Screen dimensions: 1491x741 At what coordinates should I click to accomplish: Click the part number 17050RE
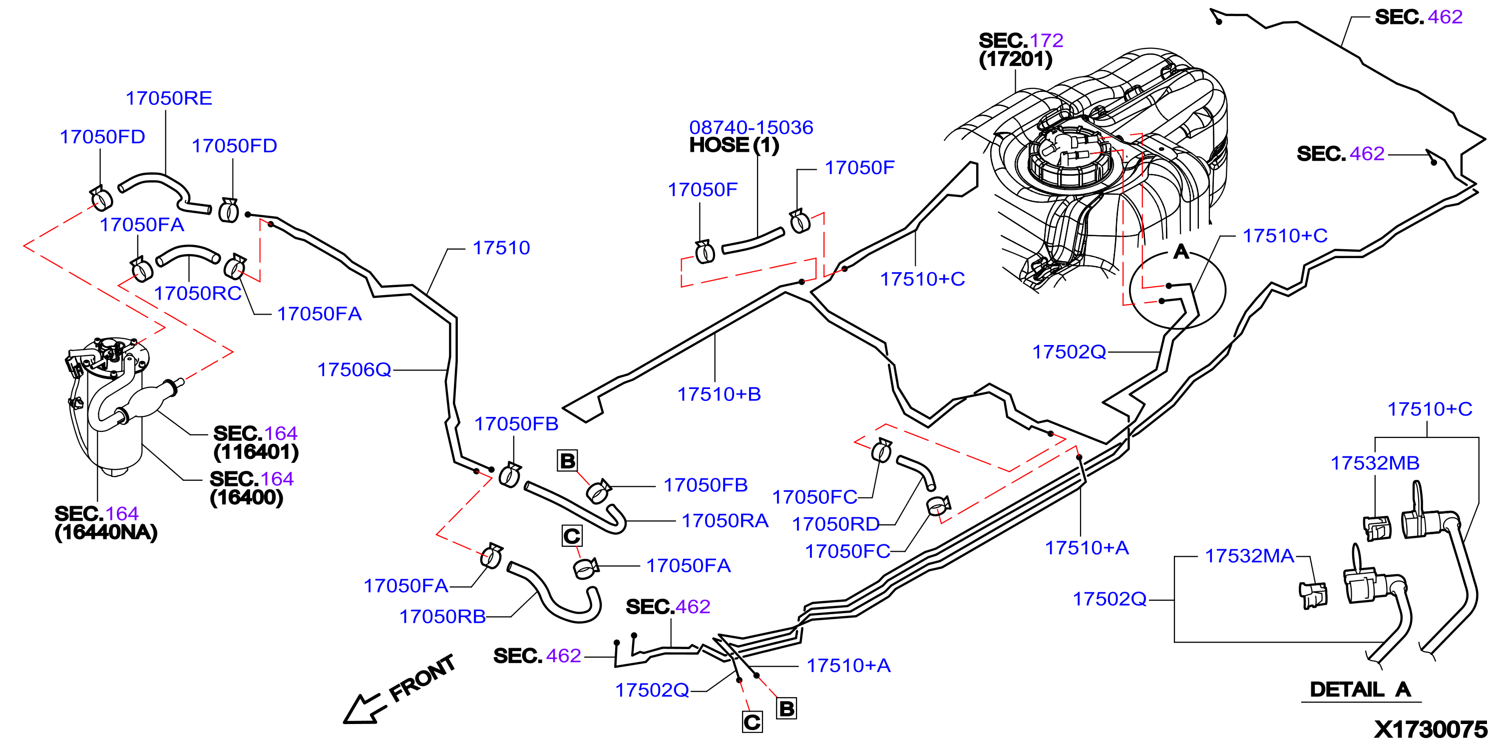tap(169, 98)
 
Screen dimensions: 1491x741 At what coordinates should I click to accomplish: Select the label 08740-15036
tap(750, 127)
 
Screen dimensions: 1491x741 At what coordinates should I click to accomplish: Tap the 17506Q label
tap(354, 370)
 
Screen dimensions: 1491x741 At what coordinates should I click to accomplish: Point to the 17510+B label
tap(719, 394)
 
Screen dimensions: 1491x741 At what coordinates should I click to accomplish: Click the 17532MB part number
tap(1375, 463)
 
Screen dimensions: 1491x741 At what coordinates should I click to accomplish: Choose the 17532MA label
tap(1249, 556)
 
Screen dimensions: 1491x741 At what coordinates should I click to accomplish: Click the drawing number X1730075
tap(1430, 730)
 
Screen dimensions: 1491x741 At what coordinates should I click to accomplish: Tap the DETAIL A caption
tap(1360, 690)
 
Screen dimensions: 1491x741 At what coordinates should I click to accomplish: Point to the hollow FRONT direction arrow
tap(363, 709)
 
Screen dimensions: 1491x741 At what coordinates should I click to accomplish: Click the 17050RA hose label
tap(725, 521)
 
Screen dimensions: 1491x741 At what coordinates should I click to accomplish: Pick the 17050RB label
tap(442, 617)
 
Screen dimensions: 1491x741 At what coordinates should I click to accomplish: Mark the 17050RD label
tap(835, 524)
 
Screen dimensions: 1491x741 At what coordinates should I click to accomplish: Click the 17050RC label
tap(197, 294)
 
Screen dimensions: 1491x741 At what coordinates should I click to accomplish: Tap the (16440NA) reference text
tap(106, 533)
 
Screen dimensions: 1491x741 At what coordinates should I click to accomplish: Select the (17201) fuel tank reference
tap(1015, 59)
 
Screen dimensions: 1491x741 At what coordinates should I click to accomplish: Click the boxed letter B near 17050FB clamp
tap(567, 461)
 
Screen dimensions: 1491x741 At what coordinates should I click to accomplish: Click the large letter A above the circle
tap(1181, 252)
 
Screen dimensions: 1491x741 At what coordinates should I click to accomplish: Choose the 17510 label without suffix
tap(501, 248)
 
